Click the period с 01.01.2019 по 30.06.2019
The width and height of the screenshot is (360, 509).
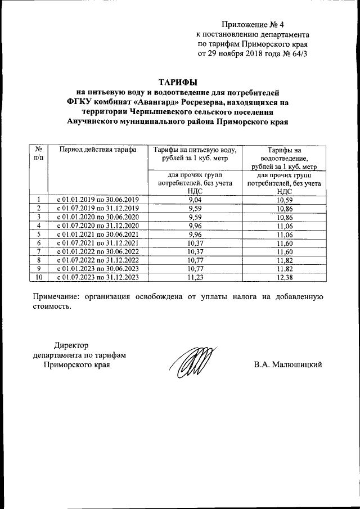pos(97,200)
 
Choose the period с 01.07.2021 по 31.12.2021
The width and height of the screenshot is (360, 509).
pos(97,243)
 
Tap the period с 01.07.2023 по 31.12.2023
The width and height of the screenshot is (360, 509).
pos(97,277)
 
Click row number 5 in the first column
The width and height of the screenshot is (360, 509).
pos(39,235)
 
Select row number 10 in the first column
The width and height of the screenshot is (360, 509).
pos(39,277)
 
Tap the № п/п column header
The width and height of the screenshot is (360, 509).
pos(39,154)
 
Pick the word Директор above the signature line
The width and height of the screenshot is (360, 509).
pos(71,345)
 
